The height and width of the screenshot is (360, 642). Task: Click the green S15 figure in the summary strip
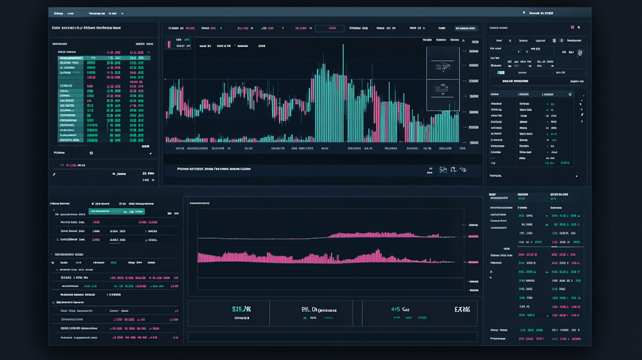(x=241, y=309)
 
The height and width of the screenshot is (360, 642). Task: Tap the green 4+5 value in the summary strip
(x=400, y=310)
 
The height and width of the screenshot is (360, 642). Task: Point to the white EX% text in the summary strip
(x=462, y=310)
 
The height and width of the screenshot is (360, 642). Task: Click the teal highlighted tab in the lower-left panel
(x=123, y=211)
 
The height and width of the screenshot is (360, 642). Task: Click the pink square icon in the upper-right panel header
(x=572, y=27)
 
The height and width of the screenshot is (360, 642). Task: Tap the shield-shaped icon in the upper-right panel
(x=579, y=52)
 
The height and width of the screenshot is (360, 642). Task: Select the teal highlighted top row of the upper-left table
(x=104, y=58)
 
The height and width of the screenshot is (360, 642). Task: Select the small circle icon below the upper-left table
(x=91, y=153)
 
